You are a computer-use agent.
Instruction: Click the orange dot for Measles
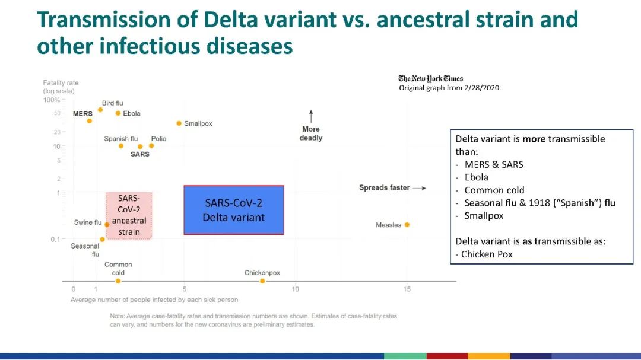click(x=407, y=225)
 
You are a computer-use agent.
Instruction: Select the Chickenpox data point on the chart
click(x=262, y=281)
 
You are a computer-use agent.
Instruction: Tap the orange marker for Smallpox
click(x=179, y=123)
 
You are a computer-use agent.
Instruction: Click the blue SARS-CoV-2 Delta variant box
click(x=234, y=210)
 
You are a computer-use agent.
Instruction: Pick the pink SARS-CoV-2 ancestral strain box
click(x=129, y=215)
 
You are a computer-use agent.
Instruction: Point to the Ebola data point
click(x=118, y=113)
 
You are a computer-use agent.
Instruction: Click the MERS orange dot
click(x=89, y=121)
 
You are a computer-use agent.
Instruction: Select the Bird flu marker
click(x=100, y=110)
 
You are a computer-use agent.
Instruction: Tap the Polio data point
click(x=151, y=146)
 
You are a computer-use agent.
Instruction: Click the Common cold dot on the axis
click(x=118, y=281)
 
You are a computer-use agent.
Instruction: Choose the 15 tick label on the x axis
click(x=407, y=289)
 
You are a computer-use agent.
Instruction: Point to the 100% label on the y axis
click(x=52, y=100)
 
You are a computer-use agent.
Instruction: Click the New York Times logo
click(x=430, y=78)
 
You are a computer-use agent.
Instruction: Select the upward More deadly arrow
click(x=311, y=116)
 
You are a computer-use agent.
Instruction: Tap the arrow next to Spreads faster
click(x=420, y=188)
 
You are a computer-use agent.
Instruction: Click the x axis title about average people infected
click(x=154, y=300)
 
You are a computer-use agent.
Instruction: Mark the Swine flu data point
click(x=107, y=225)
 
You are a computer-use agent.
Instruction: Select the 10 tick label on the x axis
click(x=296, y=289)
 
